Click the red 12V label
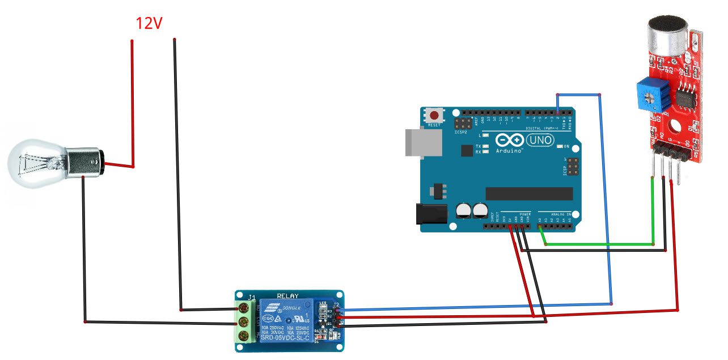(149, 23)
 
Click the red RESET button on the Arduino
(434, 115)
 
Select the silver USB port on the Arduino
(424, 142)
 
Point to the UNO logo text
(540, 140)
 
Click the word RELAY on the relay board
(287, 296)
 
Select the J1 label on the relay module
(252, 297)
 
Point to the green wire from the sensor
(601, 244)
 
